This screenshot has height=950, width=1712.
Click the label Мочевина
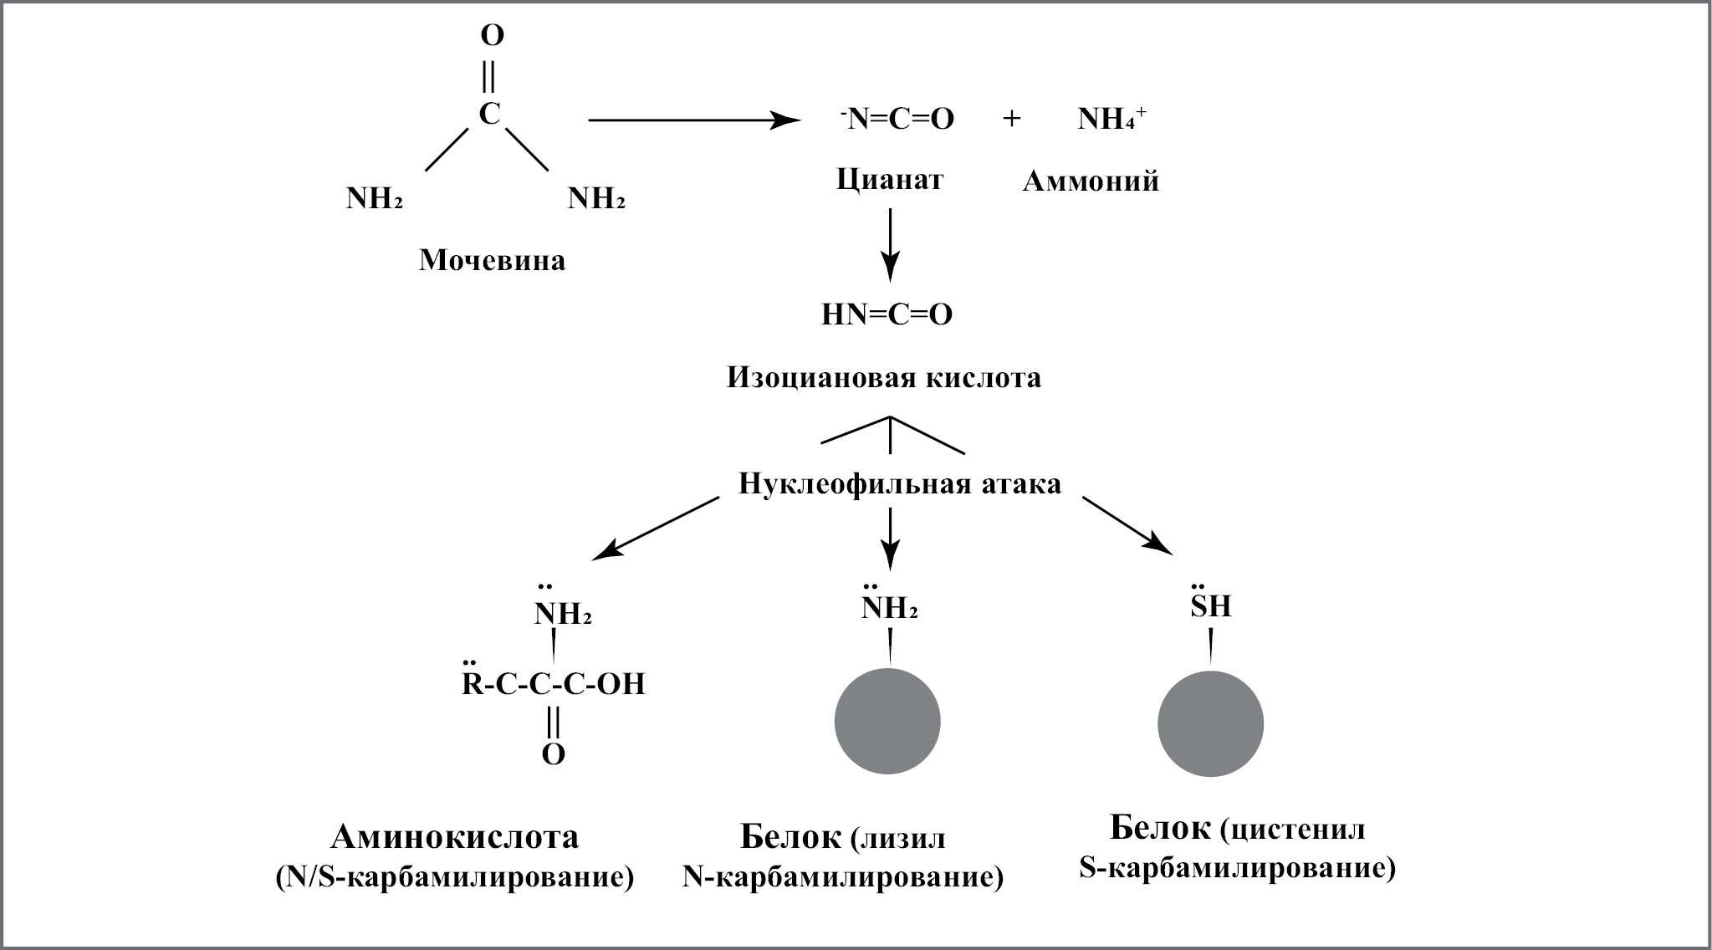[492, 260]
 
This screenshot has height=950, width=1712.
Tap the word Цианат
[889, 179]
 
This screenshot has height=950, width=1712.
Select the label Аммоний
[1091, 181]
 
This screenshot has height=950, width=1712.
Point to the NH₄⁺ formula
[1112, 120]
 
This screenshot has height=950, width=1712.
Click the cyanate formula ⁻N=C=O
[897, 120]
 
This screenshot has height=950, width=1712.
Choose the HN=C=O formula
[887, 315]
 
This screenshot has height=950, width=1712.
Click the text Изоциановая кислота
[884, 378]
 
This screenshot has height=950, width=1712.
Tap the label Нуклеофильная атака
[899, 483]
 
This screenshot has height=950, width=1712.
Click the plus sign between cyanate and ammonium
[1011, 120]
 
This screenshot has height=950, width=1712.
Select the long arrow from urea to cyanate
[692, 120]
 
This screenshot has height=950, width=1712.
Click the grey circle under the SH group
[1210, 724]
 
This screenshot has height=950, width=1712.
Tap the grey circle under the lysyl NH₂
[888, 721]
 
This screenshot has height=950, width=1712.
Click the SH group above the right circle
[1211, 605]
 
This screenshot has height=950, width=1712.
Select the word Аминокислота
[455, 837]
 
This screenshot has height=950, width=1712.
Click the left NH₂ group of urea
[374, 199]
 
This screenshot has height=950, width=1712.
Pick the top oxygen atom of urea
[492, 36]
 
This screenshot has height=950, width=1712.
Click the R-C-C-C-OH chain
[554, 685]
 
